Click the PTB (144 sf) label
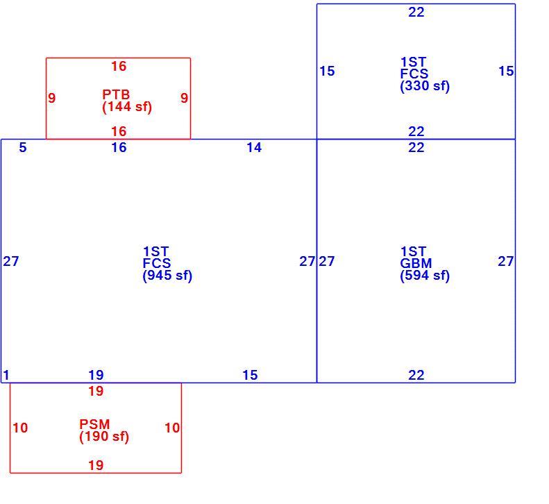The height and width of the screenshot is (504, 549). [x=127, y=101]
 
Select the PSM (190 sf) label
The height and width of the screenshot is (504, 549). [x=104, y=431]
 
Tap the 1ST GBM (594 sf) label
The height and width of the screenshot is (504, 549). [x=425, y=263]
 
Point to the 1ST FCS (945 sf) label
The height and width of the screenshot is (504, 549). [x=168, y=263]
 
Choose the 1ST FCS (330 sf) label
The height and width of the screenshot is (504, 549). [x=425, y=74]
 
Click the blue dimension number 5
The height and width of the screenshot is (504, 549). [x=23, y=147]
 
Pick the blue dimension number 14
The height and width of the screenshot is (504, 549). [x=254, y=147]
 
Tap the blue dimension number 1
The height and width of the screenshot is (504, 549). [x=6, y=375]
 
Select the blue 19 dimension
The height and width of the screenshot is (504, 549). [x=96, y=375]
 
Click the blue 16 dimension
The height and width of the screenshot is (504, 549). [x=119, y=147]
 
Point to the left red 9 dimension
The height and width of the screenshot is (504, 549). [x=52, y=98]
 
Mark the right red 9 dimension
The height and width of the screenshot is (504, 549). [x=184, y=98]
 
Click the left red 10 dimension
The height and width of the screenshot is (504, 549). [x=20, y=428]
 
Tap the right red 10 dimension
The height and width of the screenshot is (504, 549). [x=172, y=428]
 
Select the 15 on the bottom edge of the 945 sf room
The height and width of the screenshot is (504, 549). [x=250, y=375]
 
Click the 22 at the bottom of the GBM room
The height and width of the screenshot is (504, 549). [x=416, y=375]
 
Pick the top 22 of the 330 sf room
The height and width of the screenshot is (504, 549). [x=416, y=12]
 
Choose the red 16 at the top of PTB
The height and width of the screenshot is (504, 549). [x=119, y=66]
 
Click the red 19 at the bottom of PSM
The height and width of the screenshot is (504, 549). [x=96, y=466]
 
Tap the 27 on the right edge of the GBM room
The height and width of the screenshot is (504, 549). [x=505, y=261]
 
